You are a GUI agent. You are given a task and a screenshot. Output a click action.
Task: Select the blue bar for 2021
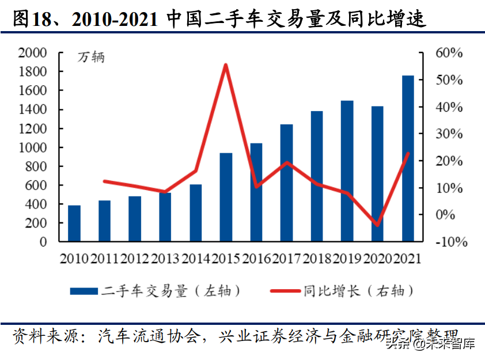(408, 158)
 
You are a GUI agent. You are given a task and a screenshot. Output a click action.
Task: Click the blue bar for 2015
(226, 197)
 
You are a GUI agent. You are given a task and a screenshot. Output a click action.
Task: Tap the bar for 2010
(74, 223)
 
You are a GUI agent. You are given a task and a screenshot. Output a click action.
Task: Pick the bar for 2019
(347, 171)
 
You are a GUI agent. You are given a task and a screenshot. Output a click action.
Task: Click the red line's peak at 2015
(226, 65)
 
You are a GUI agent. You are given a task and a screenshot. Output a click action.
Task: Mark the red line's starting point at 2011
(105, 181)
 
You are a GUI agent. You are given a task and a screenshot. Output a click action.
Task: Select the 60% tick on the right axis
(449, 53)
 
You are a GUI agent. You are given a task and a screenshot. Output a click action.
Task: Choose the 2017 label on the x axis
(286, 258)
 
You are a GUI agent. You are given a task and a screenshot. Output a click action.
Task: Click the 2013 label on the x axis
(165, 258)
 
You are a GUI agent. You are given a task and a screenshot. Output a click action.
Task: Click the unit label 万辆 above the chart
(91, 58)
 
